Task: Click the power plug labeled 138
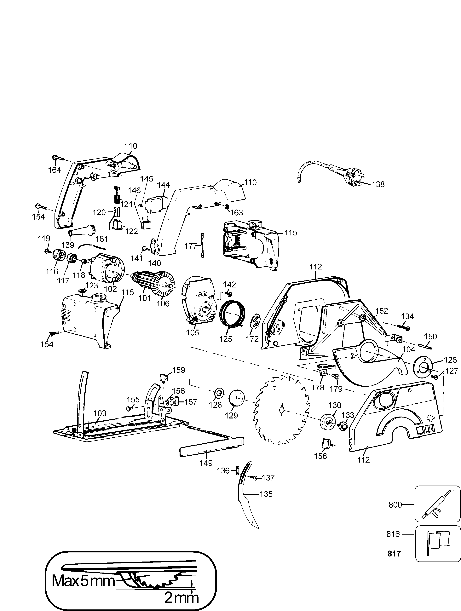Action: pyautogui.click(x=351, y=174)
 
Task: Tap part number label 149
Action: pyautogui.click(x=206, y=463)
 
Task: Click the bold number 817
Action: pyautogui.click(x=394, y=554)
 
